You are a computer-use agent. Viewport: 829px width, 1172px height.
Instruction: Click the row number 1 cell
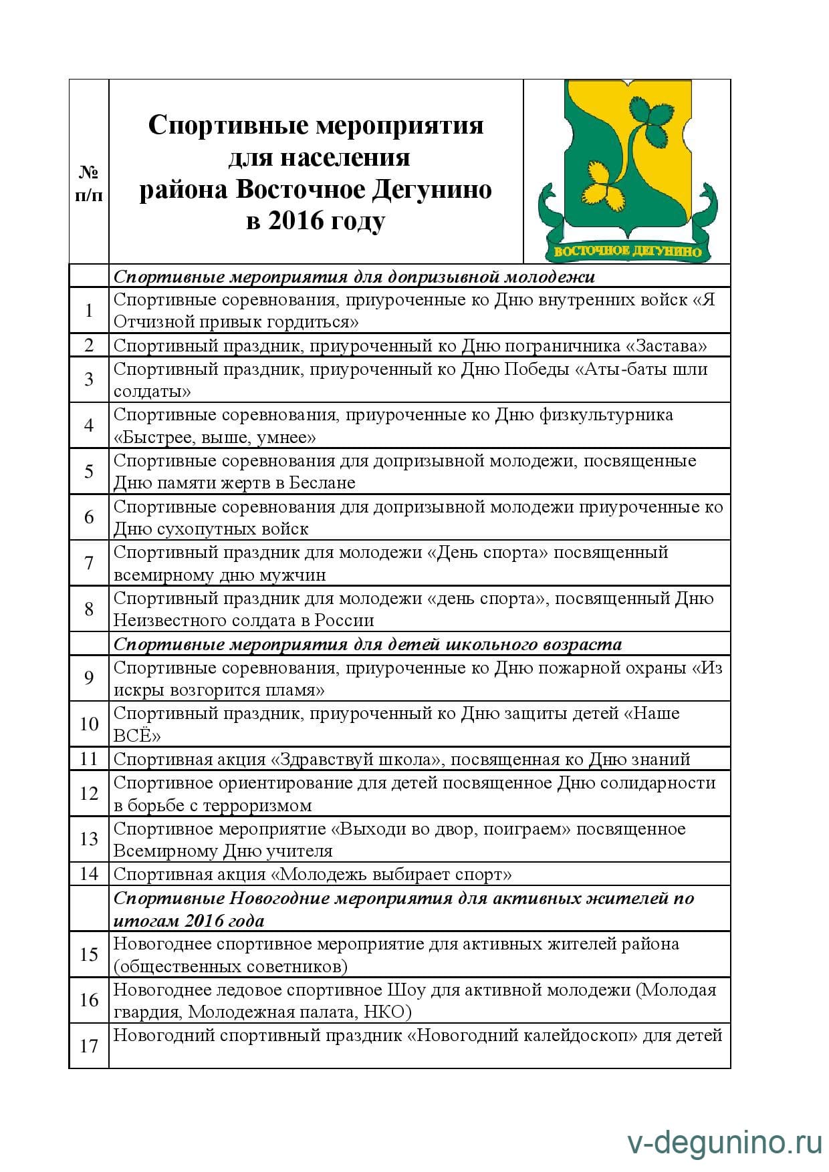89,311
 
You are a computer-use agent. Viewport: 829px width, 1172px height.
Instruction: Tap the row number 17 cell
89,1046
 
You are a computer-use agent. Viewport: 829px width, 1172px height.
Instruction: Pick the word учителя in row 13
293,851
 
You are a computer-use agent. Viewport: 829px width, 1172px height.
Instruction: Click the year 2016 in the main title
297,221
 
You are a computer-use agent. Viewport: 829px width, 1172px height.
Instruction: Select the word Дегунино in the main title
431,190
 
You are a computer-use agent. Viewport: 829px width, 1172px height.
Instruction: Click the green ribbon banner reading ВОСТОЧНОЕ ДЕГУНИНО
628,251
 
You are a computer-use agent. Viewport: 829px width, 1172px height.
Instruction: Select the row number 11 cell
89,759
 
